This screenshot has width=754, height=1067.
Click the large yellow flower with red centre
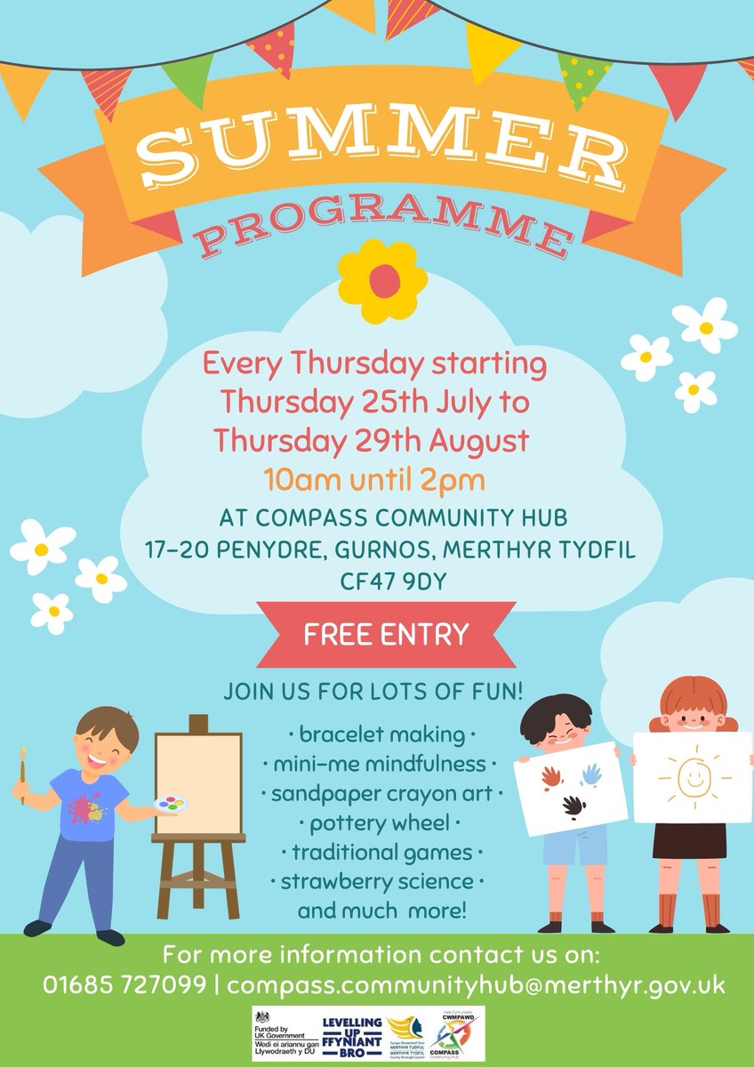point(383,281)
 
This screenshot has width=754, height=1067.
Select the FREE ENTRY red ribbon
point(385,635)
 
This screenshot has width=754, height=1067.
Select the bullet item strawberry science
point(383,882)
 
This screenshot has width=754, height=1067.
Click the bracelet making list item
point(383,735)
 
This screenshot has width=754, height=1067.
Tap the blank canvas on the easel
point(198,783)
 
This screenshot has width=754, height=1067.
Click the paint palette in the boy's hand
point(172,805)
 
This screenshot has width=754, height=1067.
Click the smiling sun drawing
point(693,776)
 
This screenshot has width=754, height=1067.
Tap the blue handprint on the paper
point(591,774)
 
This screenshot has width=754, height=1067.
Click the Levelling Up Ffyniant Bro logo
point(350,1034)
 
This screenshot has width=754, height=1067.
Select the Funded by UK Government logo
point(286,1034)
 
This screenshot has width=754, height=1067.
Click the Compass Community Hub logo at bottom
point(453,1034)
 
